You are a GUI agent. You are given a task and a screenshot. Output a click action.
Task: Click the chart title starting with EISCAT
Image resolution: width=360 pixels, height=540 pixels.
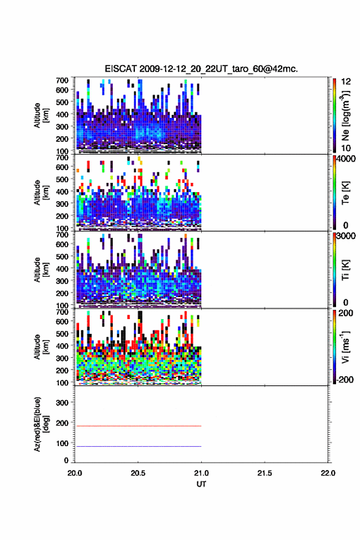pyautogui.click(x=201, y=69)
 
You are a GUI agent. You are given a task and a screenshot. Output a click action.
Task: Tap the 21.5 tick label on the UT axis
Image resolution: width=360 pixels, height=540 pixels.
pyautogui.click(x=264, y=473)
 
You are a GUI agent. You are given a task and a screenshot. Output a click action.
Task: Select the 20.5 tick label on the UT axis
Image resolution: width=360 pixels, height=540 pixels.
pyautogui.click(x=137, y=473)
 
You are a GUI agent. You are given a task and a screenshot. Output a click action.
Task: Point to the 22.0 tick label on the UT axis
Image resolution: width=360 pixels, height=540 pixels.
pyautogui.click(x=327, y=473)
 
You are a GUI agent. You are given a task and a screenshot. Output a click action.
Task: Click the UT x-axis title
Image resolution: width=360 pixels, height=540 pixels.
pyautogui.click(x=201, y=484)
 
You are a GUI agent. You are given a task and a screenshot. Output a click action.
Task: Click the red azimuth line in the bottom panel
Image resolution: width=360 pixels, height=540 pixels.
pyautogui.click(x=138, y=426)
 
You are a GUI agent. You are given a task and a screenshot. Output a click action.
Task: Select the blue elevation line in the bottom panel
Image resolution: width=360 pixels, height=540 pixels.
pyautogui.click(x=138, y=446)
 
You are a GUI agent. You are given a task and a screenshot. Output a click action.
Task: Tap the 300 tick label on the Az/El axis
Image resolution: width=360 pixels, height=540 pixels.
pyautogui.click(x=62, y=403)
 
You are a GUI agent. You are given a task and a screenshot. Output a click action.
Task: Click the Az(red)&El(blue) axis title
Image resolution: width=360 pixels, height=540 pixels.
pyautogui.click(x=40, y=424)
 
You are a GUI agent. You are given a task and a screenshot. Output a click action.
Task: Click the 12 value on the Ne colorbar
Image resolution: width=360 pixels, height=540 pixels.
pyautogui.click(x=346, y=81)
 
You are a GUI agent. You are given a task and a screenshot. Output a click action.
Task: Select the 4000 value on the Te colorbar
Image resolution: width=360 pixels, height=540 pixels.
pyautogui.click(x=347, y=159)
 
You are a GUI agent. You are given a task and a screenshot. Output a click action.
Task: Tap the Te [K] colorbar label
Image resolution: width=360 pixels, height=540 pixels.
pyautogui.click(x=345, y=193)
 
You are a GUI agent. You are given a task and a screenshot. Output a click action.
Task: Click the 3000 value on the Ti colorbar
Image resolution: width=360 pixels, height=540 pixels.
pyautogui.click(x=347, y=236)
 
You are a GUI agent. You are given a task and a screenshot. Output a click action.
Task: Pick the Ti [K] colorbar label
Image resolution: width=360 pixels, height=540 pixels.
pyautogui.click(x=345, y=270)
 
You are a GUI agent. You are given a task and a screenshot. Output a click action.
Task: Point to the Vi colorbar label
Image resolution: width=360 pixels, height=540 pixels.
pyautogui.click(x=345, y=347)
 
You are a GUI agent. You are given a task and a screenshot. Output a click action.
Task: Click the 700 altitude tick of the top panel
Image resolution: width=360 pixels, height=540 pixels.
pyautogui.click(x=62, y=80)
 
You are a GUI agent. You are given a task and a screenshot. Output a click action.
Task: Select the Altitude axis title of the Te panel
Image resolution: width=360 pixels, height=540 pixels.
pyautogui.click(x=41, y=193)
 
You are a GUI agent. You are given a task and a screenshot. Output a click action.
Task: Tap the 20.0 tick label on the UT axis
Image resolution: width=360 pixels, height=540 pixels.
pyautogui.click(x=75, y=473)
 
